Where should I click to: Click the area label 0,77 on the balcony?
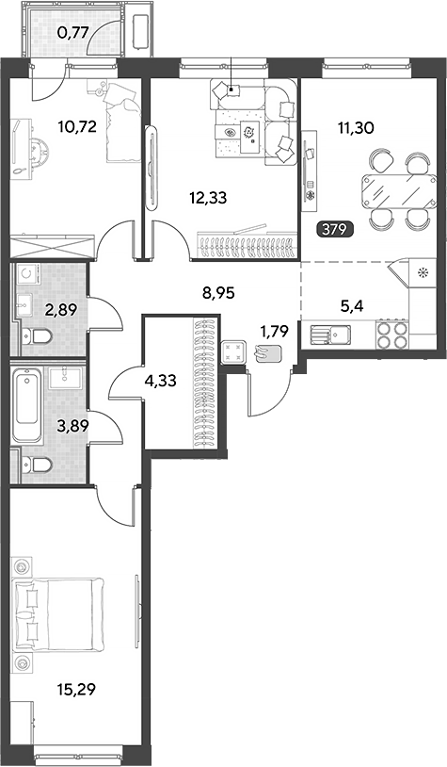point(72,33)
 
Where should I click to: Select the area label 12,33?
point(209,198)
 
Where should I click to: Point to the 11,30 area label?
point(355,128)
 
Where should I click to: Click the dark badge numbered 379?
point(335,229)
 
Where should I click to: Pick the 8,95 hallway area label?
point(218,293)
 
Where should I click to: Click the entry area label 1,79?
point(274,331)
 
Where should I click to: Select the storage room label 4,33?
point(160,381)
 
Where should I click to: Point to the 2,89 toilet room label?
point(61,310)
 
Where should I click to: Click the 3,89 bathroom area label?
point(72,427)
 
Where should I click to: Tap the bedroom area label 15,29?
point(76,690)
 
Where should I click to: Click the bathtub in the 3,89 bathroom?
point(27,405)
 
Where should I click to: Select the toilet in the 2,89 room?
point(37,337)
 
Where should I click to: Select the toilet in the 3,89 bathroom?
point(37,465)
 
